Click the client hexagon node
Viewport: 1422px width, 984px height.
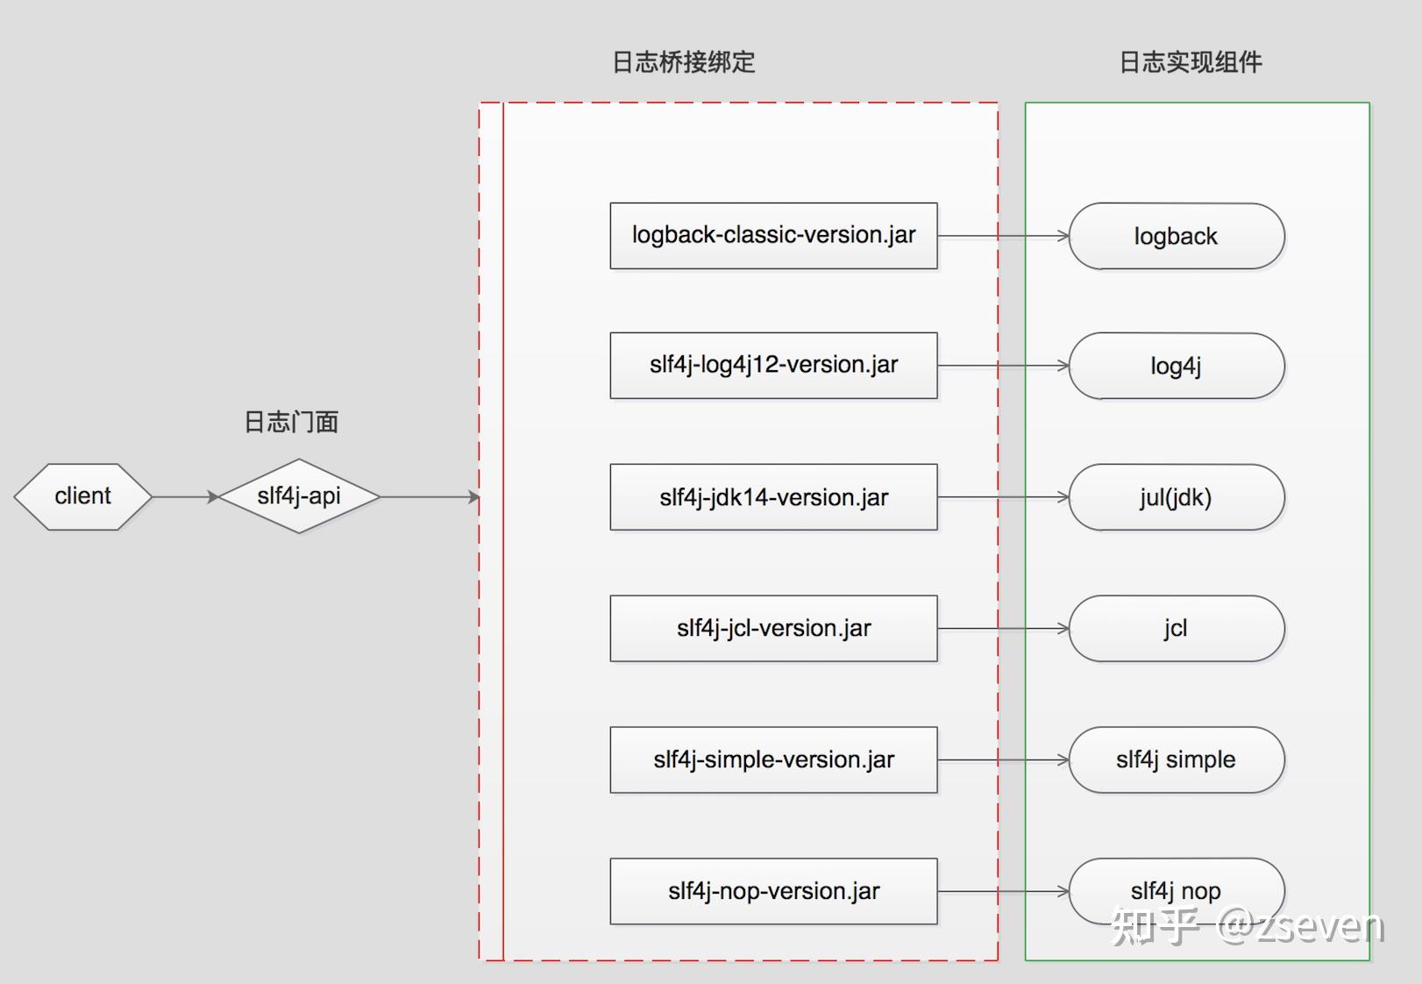[x=82, y=496]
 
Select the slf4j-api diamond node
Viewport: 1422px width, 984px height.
[x=299, y=496]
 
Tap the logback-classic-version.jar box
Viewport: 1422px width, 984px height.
[x=773, y=236]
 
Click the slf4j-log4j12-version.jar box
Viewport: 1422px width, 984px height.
[x=773, y=366]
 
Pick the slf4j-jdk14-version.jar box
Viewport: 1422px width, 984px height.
[x=773, y=497]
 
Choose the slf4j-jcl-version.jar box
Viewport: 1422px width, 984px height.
[x=773, y=629]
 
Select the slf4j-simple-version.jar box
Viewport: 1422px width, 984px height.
[x=773, y=760]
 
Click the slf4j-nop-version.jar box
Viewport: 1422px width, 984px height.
[x=773, y=892]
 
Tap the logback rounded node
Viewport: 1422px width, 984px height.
[x=1176, y=236]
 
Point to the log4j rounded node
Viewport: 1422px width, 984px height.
[x=1176, y=366]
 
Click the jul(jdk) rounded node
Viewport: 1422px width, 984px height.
[x=1176, y=497]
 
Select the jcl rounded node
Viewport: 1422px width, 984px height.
[x=1176, y=629]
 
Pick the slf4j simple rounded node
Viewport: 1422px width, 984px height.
[x=1176, y=760]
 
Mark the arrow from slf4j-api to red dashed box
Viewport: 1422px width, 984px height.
[x=430, y=497]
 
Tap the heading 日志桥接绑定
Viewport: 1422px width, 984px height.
[x=684, y=62]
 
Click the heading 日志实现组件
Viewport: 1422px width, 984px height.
[x=1191, y=62]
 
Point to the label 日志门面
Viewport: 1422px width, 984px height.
[x=291, y=423]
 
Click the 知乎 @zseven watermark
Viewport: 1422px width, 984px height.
[x=1247, y=926]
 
